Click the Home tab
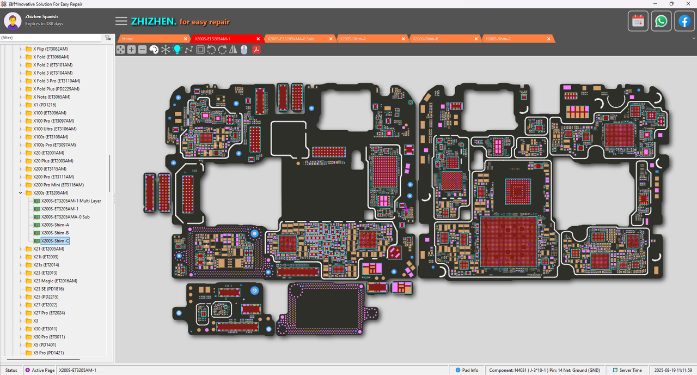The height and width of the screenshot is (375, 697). (x=128, y=39)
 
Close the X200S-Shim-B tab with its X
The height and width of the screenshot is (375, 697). (x=476, y=39)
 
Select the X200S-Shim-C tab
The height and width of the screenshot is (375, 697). (x=498, y=39)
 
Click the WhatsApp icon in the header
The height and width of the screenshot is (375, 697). (x=661, y=21)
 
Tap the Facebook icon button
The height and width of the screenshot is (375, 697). (x=684, y=21)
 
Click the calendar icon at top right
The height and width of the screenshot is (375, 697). (x=638, y=21)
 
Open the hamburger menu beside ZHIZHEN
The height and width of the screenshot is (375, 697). (x=121, y=21)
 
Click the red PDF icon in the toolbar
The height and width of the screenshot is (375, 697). (x=255, y=50)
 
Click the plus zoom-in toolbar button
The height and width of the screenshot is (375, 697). (x=131, y=50)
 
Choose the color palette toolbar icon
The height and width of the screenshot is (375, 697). (x=154, y=50)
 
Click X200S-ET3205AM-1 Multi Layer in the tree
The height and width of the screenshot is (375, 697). (x=71, y=201)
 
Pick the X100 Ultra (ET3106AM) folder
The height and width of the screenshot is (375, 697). (x=54, y=129)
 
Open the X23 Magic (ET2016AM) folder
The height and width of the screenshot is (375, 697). (x=55, y=281)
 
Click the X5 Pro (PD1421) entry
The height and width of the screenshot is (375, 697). (x=48, y=353)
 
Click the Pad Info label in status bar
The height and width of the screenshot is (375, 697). (x=470, y=370)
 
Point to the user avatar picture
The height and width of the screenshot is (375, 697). (x=13, y=21)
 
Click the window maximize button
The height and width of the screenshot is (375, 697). (x=671, y=4)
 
